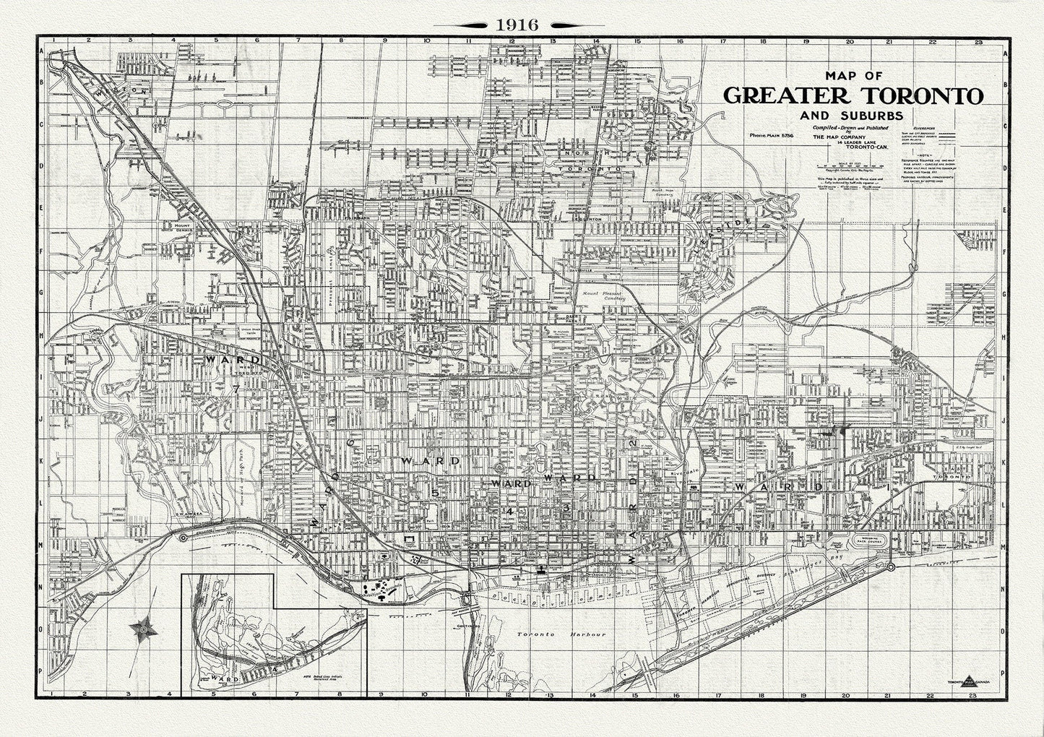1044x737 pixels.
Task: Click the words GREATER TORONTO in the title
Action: point(853,96)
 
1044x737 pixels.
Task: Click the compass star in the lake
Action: point(144,629)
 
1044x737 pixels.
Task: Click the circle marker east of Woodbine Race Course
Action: point(891,566)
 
